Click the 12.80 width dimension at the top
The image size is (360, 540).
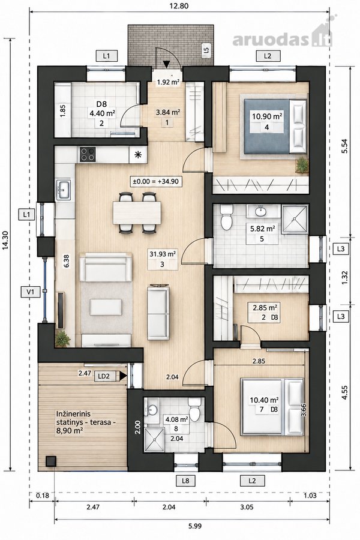179,5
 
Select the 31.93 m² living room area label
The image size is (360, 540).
163,254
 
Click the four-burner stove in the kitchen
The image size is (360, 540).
88,154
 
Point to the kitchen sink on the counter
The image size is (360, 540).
64,190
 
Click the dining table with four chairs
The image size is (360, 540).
137,213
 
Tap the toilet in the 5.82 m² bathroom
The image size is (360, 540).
227,218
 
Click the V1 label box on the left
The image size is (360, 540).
31,292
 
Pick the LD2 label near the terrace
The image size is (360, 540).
104,376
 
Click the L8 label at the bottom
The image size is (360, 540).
185,480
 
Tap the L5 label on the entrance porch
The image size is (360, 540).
206,50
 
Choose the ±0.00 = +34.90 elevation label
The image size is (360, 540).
156,181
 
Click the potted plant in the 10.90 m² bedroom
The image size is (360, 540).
302,164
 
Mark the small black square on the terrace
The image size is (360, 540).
51,461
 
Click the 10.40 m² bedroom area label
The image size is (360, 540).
264,400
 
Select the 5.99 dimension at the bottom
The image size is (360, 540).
195,526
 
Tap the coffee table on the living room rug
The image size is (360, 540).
106,307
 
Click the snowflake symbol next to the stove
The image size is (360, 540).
138,155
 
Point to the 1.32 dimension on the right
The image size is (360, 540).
345,277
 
